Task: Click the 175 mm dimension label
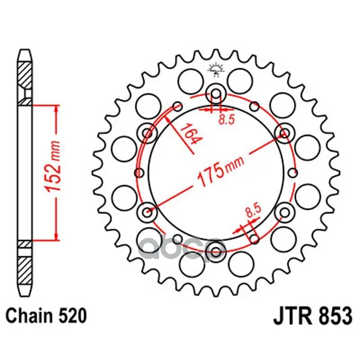[220, 168]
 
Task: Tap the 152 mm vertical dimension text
[53, 167]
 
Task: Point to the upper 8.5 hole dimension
[226, 120]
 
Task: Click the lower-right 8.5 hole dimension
[253, 211]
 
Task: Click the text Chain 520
[46, 315]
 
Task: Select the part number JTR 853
[312, 316]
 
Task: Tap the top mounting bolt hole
[216, 94]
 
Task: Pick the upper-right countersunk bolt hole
[285, 133]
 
